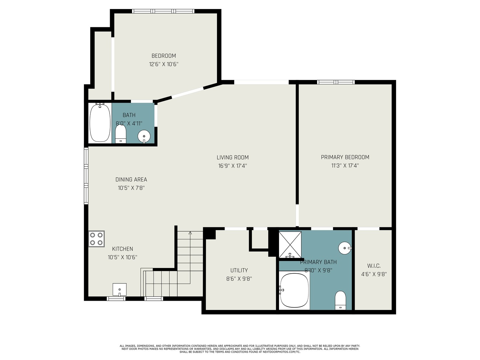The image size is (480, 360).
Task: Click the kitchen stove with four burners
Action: (x=96, y=239)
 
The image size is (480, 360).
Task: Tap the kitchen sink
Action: (x=119, y=289)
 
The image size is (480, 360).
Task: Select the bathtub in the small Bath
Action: (x=100, y=123)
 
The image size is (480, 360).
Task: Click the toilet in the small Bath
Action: (x=121, y=134)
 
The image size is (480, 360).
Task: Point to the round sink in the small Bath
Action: (x=144, y=136)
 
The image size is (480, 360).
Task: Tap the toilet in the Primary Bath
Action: (x=340, y=300)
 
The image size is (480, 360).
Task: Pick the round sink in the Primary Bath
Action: (x=344, y=248)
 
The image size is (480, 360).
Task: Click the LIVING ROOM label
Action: (x=233, y=157)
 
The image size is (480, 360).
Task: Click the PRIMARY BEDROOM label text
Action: (x=345, y=157)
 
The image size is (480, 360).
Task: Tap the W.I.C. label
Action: (x=374, y=266)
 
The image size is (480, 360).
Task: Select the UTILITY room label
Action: (x=239, y=270)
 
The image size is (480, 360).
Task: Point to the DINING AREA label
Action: (x=131, y=179)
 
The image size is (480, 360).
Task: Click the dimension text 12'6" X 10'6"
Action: (x=164, y=64)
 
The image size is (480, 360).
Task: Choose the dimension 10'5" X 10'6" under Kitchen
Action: (x=122, y=257)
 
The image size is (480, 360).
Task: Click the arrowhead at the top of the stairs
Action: (x=190, y=233)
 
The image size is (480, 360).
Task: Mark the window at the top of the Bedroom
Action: (x=163, y=11)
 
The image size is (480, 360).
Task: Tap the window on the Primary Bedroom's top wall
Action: (x=336, y=82)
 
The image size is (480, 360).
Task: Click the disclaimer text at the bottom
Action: (x=240, y=349)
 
